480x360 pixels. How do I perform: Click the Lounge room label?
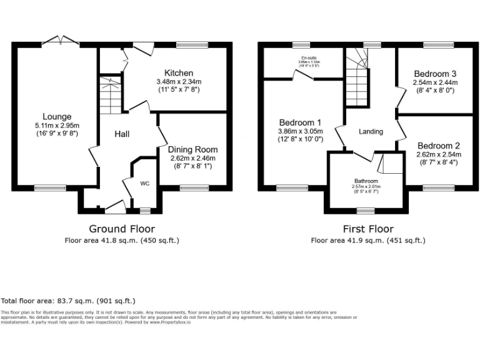click(x=57, y=116)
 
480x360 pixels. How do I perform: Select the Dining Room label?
click(x=193, y=149)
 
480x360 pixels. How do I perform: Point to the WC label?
click(x=145, y=184)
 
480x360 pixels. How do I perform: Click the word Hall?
click(x=122, y=134)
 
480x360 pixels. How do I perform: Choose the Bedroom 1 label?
click(x=301, y=122)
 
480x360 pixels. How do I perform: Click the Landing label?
click(x=371, y=131)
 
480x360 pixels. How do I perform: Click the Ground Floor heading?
click(x=122, y=229)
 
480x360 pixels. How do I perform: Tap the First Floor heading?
click(x=367, y=229)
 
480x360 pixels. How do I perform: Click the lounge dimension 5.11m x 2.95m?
click(x=57, y=125)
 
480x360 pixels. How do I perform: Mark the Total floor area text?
click(x=68, y=301)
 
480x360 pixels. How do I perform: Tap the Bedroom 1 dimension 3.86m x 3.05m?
click(x=301, y=131)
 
